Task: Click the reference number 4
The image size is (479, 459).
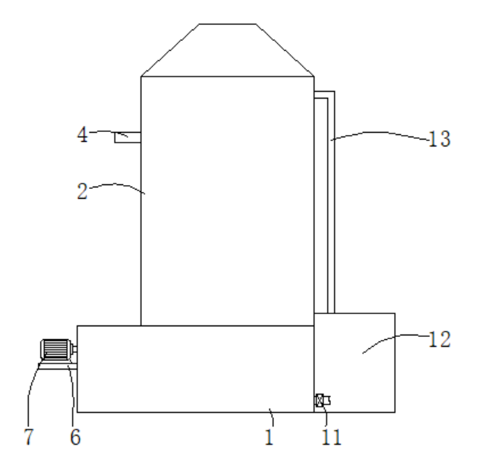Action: tap(83, 135)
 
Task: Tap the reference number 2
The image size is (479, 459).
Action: tap(82, 191)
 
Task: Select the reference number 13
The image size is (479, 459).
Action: tap(440, 139)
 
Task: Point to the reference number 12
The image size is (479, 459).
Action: tap(440, 339)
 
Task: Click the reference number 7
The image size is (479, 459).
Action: tap(28, 436)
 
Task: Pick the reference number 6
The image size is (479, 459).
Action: tap(75, 436)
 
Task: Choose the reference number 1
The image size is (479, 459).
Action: tap(269, 437)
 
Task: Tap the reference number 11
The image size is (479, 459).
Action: tap(332, 437)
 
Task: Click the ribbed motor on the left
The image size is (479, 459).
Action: tap(55, 349)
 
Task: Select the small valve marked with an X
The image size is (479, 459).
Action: tap(320, 401)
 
